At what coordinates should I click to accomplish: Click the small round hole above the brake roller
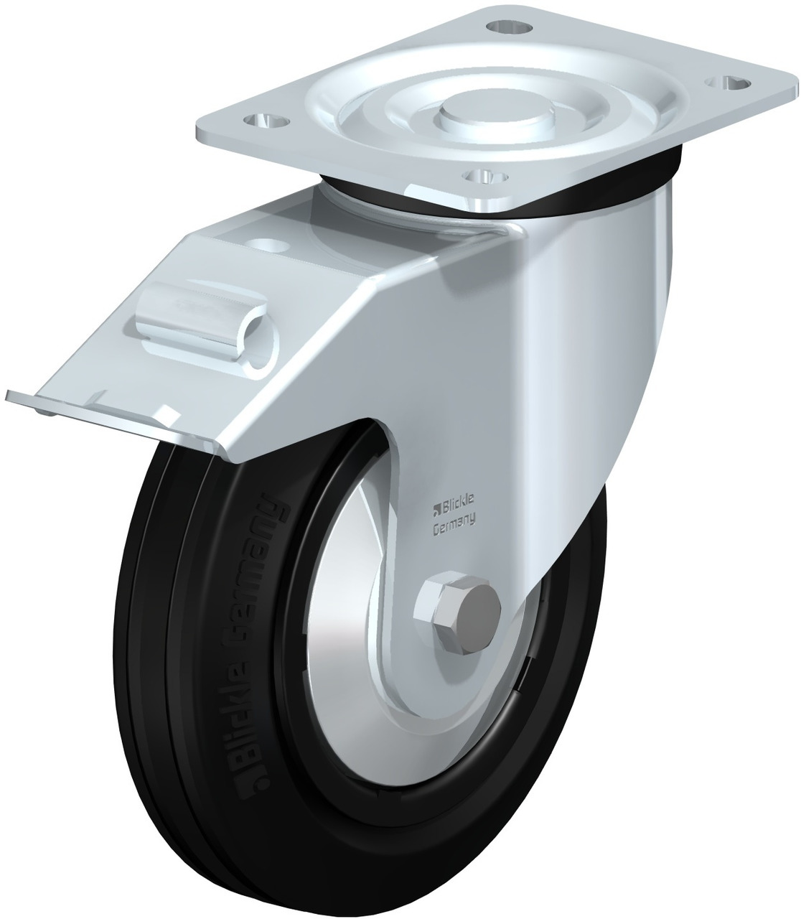click(271, 245)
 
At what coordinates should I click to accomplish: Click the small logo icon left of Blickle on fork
click(434, 511)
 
